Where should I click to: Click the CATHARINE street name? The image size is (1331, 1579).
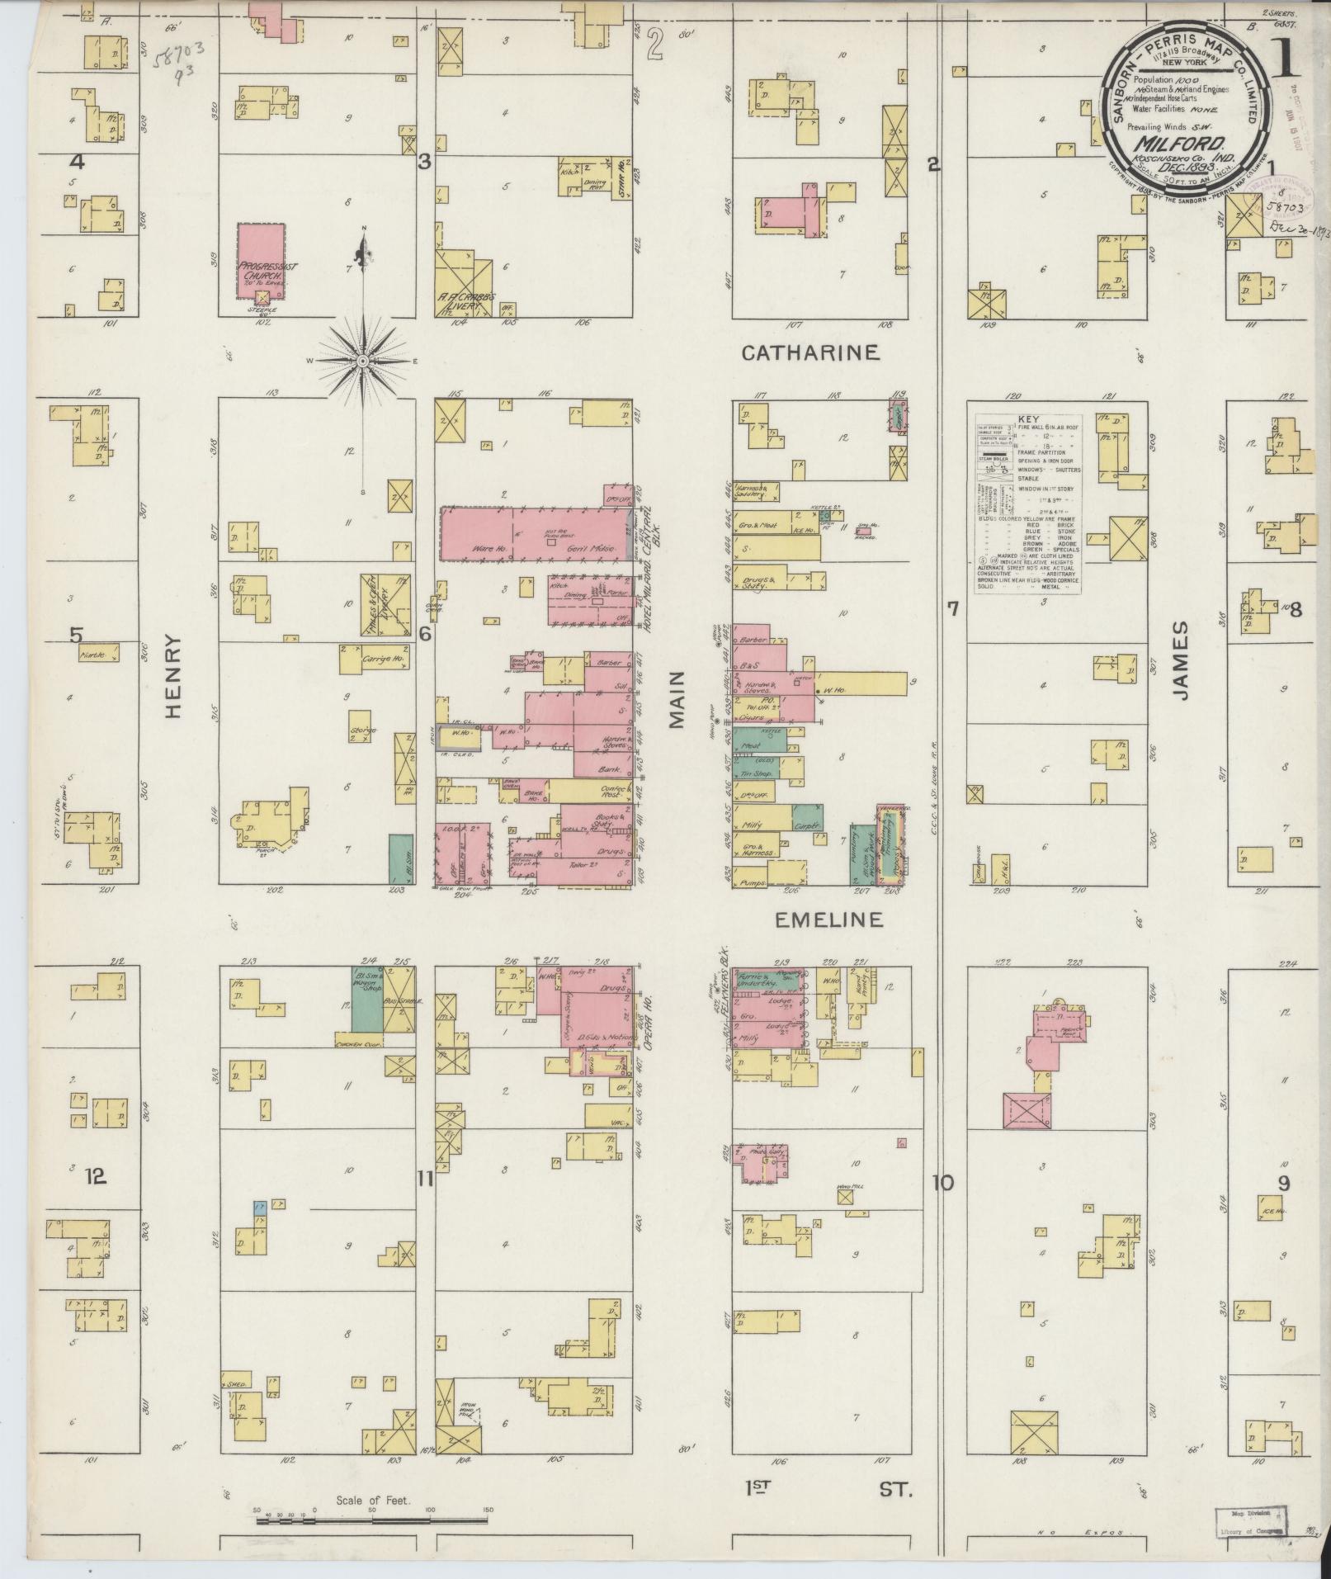pos(809,353)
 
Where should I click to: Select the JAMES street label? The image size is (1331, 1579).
pos(1181,660)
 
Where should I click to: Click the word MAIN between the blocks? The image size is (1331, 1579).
pos(677,699)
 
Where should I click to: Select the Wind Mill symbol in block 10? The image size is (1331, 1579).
pos(844,1196)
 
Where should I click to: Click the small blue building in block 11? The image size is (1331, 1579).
pos(260,1208)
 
